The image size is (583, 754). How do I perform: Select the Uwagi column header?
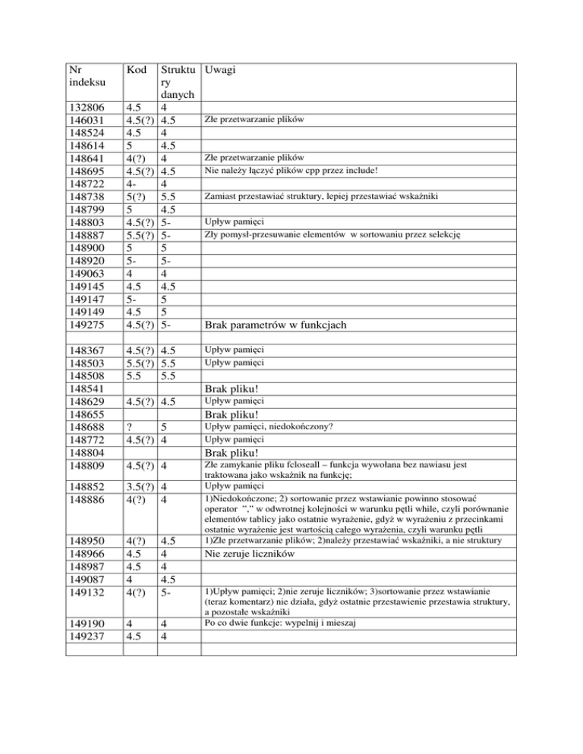click(217, 70)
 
